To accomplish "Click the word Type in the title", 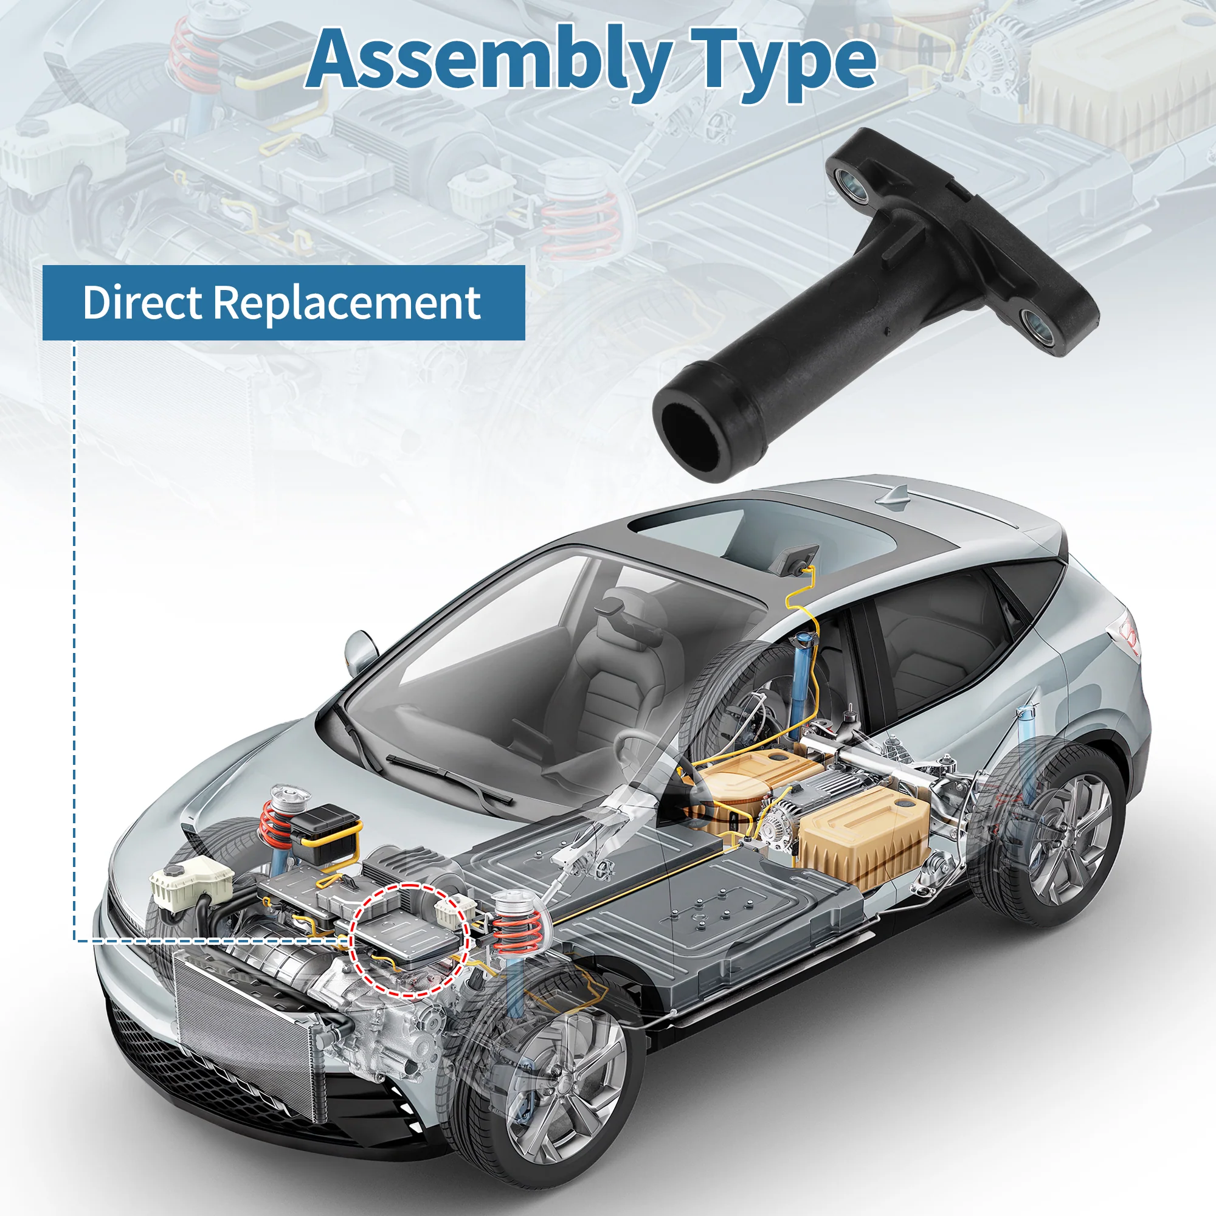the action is point(783,63).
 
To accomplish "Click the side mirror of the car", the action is point(361,649).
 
